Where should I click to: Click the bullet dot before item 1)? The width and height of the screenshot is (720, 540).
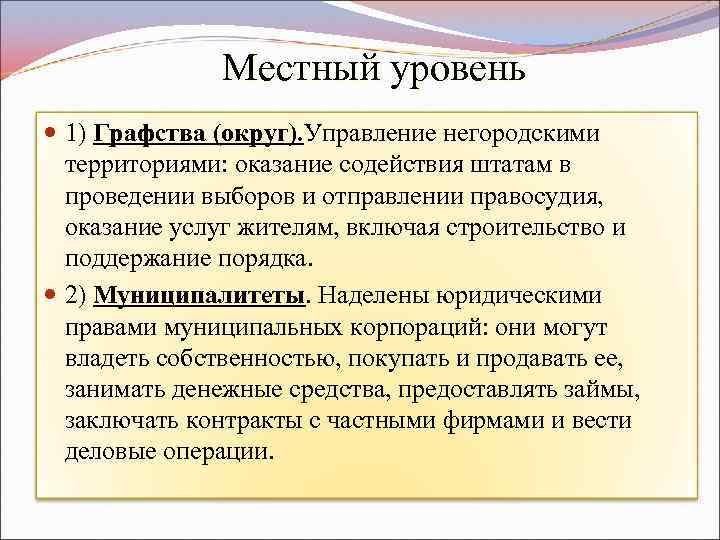[52, 133]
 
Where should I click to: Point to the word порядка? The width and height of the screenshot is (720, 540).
[265, 260]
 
